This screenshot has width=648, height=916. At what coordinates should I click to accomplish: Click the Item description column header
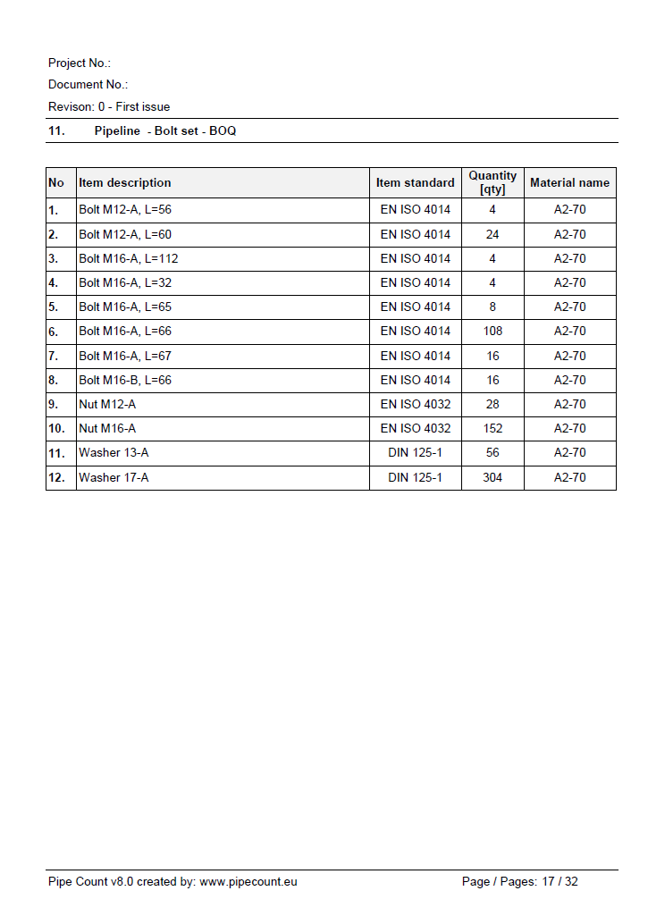pos(125,182)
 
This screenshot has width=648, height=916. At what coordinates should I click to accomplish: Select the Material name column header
pos(569,182)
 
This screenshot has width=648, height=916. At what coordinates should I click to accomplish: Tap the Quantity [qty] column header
pos(492,182)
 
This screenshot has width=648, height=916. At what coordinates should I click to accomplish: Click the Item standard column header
pos(415,182)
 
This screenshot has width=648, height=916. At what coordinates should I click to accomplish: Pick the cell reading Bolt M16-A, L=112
pos(129,258)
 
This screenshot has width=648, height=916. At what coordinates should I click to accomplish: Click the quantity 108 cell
pos(492,331)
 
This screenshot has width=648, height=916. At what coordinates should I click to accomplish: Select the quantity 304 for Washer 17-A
pos(492,477)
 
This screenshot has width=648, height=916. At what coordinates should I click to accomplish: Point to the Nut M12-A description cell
pos(107,404)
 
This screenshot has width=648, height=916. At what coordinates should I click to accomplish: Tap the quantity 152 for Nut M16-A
pos(492,428)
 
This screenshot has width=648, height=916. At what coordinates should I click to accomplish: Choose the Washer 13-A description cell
pos(114,452)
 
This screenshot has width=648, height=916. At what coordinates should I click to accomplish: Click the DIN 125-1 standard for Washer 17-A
pos(415,477)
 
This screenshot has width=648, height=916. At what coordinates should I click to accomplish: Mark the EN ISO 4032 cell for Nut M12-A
pos(416,404)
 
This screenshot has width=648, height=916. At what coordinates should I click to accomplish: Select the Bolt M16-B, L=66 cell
pos(125,380)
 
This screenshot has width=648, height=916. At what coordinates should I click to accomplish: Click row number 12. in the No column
pos(56,477)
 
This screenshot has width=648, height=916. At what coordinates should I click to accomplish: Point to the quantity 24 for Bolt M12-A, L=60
pos(492,234)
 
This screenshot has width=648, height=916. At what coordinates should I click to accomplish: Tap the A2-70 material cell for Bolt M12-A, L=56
pos(569,210)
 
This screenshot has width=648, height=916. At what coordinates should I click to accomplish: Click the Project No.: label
pos(80,63)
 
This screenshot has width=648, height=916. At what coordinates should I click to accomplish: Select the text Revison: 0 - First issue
pos(109,106)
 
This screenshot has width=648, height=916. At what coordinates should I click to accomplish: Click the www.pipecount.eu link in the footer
pos(248,881)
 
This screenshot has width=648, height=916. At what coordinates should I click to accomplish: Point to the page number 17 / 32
pos(560,881)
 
